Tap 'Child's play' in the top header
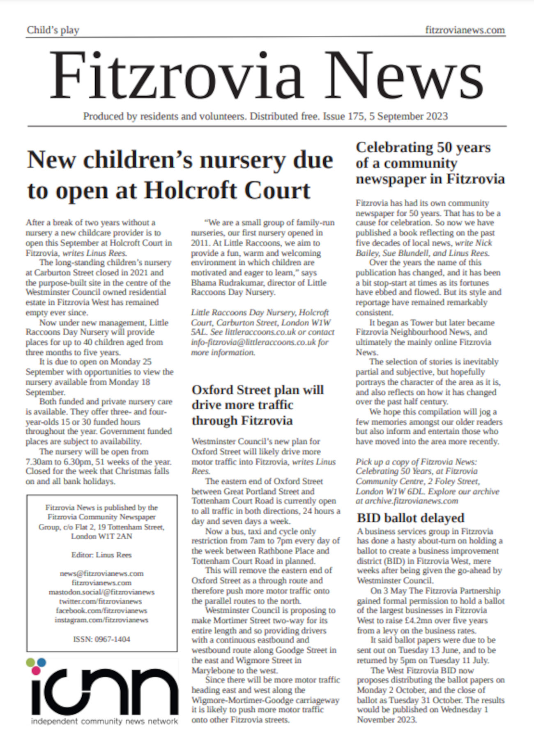pos(53,30)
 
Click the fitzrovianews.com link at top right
pos(465,30)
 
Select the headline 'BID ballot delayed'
pos(410,518)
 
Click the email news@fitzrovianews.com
pos(101,573)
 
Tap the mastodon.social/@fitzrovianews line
pos(101,592)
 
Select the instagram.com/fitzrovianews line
pos(101,620)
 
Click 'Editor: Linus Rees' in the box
pos(101,555)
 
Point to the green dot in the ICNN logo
pos(30,662)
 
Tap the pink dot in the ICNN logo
pos(36,670)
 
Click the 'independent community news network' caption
pos(104,721)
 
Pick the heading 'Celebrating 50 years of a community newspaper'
pos(430,163)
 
